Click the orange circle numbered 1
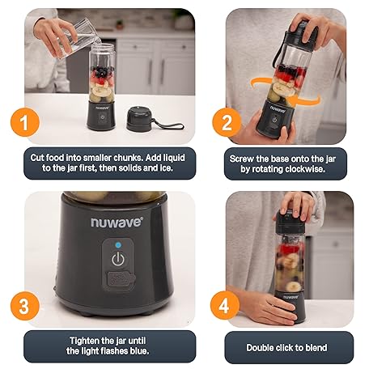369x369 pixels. [x=25, y=122]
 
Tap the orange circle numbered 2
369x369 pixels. [x=227, y=122]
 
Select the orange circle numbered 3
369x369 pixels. [x=25, y=306]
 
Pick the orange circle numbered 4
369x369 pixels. [x=225, y=305]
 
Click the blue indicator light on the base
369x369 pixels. [x=118, y=245]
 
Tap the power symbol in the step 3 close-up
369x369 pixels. [x=118, y=259]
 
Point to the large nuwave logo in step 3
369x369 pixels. [x=117, y=223]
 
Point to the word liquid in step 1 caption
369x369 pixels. [x=174, y=158]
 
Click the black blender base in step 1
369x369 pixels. [x=101, y=117]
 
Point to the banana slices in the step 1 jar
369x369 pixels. [x=102, y=91]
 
